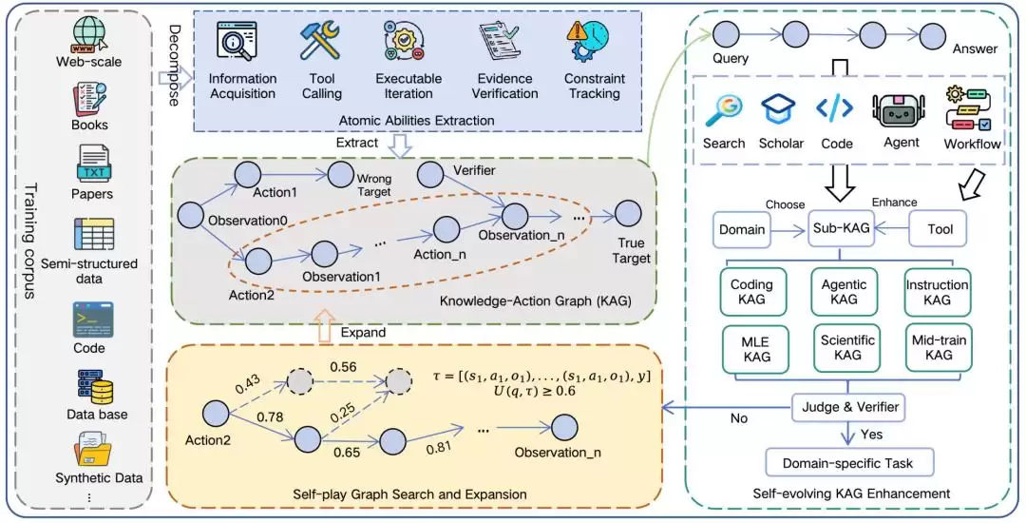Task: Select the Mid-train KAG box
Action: tap(939, 347)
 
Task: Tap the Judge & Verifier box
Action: tap(849, 407)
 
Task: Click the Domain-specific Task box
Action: tap(847, 463)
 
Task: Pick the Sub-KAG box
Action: tap(841, 229)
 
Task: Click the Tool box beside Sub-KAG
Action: tap(940, 229)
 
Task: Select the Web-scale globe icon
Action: tap(90, 33)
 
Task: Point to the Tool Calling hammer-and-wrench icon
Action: tap(320, 41)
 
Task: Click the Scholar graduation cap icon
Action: tap(778, 110)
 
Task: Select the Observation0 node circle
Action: tap(191, 216)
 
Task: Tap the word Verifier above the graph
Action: tap(474, 171)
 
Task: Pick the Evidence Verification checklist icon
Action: tap(500, 41)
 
